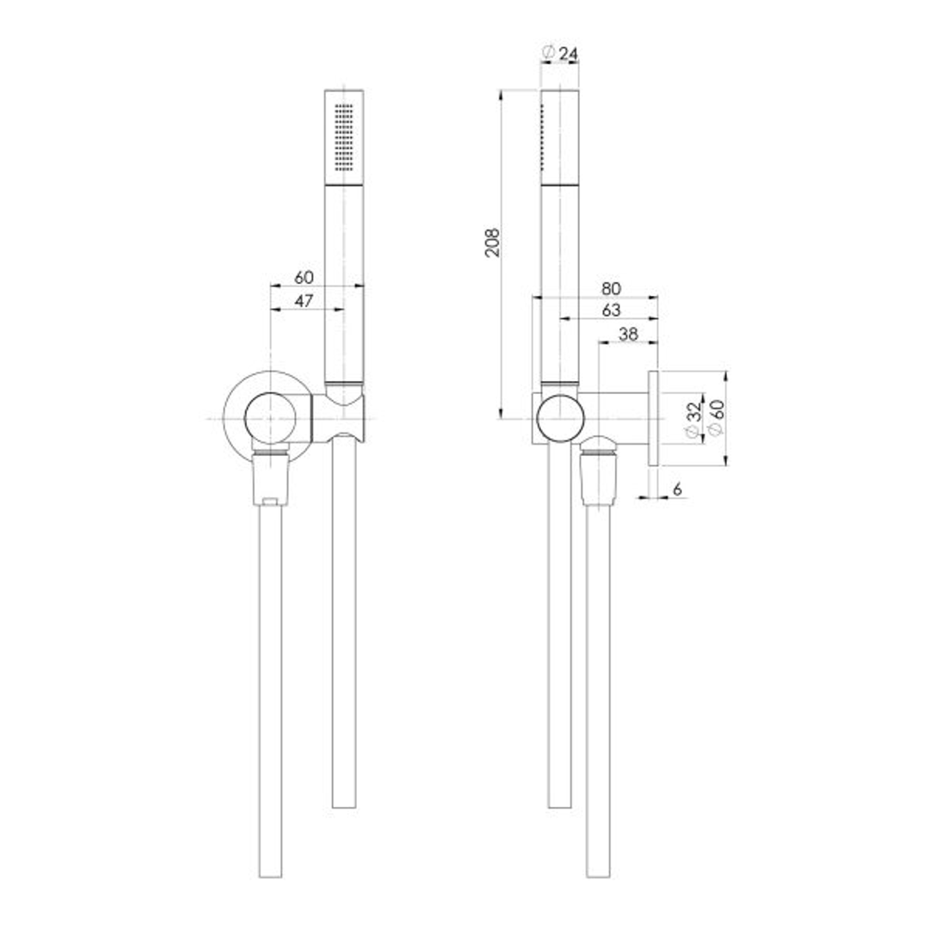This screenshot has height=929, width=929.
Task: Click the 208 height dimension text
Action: click(491, 243)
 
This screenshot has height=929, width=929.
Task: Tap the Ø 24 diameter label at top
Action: click(560, 54)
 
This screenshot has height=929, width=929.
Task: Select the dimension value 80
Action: click(611, 288)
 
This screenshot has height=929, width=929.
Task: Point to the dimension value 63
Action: click(611, 310)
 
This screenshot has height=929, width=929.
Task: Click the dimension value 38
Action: click(628, 335)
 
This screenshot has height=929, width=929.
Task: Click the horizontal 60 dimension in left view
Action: click(304, 277)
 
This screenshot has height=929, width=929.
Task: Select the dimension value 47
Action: click(304, 301)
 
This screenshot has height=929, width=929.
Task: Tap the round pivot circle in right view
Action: click(560, 418)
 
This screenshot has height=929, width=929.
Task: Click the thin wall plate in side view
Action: click(654, 418)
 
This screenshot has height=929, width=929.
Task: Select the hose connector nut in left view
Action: click(271, 478)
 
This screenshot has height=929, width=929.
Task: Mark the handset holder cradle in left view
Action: click(344, 418)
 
